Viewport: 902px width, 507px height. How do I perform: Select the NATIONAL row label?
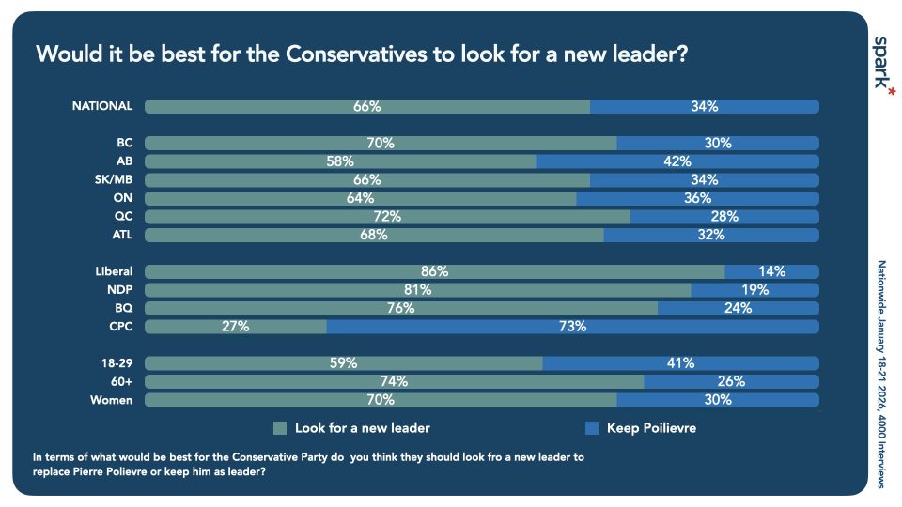pyautogui.click(x=102, y=106)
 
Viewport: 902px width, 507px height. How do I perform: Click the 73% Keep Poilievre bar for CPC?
pyautogui.click(x=572, y=327)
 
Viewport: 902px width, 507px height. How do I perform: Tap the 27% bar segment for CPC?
pyautogui.click(x=236, y=327)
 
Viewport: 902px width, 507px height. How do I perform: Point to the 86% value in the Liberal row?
pyautogui.click(x=435, y=271)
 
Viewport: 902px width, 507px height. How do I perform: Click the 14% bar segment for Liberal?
pyautogui.click(x=771, y=271)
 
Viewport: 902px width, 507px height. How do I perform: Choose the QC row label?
pyautogui.click(x=123, y=217)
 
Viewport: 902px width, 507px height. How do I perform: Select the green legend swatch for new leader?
pyautogui.click(x=279, y=428)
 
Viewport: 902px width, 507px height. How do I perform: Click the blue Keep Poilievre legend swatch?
pyautogui.click(x=591, y=428)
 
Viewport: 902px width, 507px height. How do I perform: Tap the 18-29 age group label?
pyautogui.click(x=116, y=363)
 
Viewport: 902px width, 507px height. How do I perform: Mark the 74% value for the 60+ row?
pyautogui.click(x=394, y=381)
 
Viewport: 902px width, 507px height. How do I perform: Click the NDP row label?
pyautogui.click(x=120, y=290)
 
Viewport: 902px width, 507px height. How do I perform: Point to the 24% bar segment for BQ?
pyautogui.click(x=738, y=308)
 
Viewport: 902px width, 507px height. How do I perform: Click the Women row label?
pyautogui.click(x=113, y=400)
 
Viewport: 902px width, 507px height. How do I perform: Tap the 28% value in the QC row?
pyautogui.click(x=724, y=217)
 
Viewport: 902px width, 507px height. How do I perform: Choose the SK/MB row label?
pyautogui.click(x=113, y=179)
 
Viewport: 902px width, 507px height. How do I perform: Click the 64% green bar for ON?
pyautogui.click(x=360, y=198)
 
